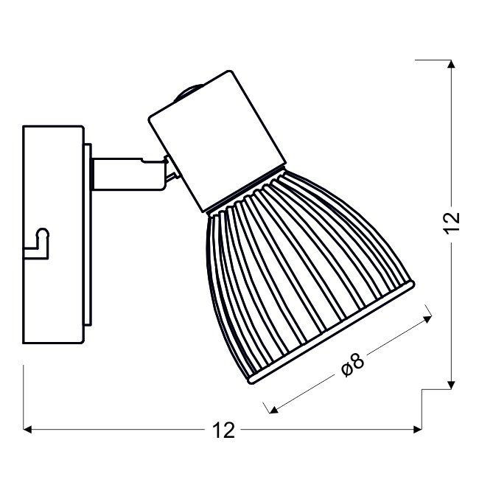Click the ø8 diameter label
pos(353,365)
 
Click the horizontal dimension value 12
pos(223,430)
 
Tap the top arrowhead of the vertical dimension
pos(451,63)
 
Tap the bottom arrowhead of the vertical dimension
pos(451,385)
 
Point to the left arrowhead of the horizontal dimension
pos(28,429)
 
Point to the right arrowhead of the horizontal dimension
pos(418,429)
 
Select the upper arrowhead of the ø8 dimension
pos(427,319)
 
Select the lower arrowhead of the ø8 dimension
pos(273,410)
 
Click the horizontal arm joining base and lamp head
pos(129,174)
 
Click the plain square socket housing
pos(217,142)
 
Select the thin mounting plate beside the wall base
pos(88,234)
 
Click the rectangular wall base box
pos(54,234)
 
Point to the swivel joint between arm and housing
pos(171,172)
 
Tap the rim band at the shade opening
pos(331,332)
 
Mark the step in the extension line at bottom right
pos(422,389)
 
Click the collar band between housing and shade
pos(245,189)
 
